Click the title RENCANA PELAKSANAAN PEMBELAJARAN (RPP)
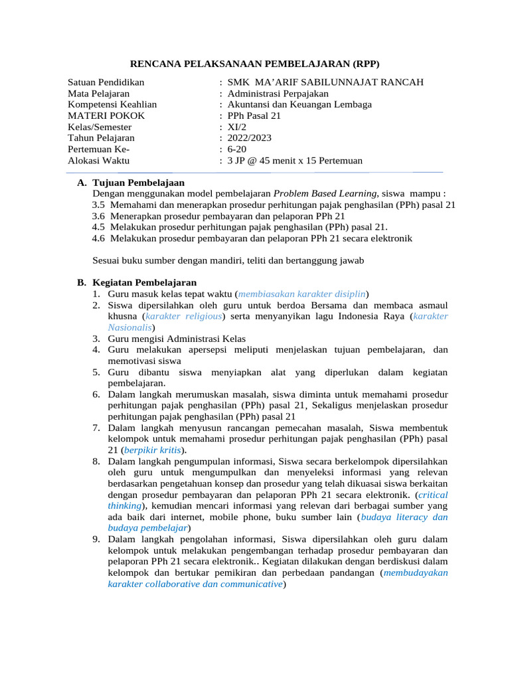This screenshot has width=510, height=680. pyautogui.click(x=254, y=64)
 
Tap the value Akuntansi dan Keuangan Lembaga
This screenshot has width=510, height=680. pyautogui.click(x=299, y=104)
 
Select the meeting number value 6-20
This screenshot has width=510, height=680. pyautogui.click(x=237, y=149)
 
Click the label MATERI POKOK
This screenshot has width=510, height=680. pyautogui.click(x=106, y=116)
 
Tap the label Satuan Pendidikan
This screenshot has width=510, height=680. pyautogui.click(x=106, y=82)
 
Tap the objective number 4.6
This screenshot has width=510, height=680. pyautogui.click(x=99, y=238)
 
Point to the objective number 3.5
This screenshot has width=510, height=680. pyautogui.click(x=99, y=205)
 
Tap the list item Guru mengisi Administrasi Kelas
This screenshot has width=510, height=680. pyautogui.click(x=177, y=339)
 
